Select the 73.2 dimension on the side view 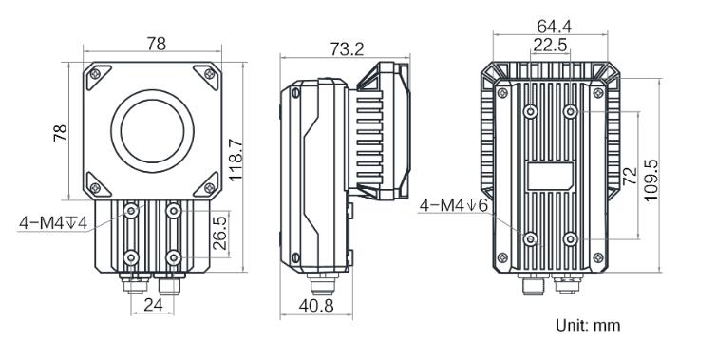347,49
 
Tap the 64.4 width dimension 555,27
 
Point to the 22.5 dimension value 550,45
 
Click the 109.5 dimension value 651,180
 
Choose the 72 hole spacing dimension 631,175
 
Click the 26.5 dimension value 220,233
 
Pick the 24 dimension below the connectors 153,305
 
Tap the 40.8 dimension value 316,305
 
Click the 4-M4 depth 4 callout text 53,223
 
